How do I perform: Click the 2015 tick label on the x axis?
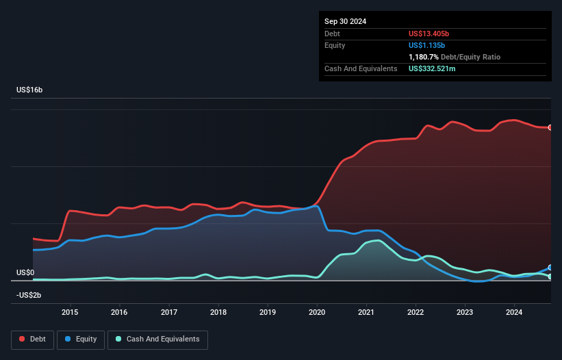coord(70,313)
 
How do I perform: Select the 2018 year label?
coord(218,313)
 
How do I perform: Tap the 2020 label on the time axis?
coord(317,313)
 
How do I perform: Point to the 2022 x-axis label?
coord(416,313)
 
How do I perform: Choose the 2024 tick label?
coord(514,313)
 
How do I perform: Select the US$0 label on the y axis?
coord(25,272)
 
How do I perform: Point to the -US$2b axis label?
coord(29,295)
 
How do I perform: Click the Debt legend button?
coord(34,339)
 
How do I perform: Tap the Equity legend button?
coord(81,339)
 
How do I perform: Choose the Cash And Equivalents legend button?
coord(157,339)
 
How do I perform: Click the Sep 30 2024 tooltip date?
coord(345,21)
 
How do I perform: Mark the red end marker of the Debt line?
coord(550,127)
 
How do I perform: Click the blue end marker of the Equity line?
coord(550,268)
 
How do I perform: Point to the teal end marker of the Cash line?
coord(550,277)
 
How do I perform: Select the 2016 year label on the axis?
coord(120,313)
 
